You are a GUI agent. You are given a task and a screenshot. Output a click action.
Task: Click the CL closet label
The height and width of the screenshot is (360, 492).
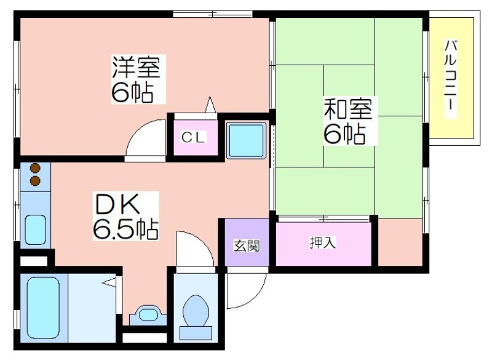click(192, 137)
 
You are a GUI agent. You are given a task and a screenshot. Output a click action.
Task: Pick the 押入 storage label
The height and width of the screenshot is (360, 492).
click(322, 243)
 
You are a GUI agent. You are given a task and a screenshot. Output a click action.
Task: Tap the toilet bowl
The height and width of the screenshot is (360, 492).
click(196, 311)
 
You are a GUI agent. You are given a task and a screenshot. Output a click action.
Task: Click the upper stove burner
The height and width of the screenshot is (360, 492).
click(34, 167)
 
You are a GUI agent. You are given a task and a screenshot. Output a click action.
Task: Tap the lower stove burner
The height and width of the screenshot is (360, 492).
click(34, 181)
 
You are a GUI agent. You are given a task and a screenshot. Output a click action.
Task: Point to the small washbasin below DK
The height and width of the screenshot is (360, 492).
click(148, 314)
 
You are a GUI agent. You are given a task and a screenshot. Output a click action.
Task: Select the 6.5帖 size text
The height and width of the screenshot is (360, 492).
click(125, 228)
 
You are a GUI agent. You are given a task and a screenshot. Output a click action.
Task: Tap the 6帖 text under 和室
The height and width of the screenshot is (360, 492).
click(344, 134)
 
